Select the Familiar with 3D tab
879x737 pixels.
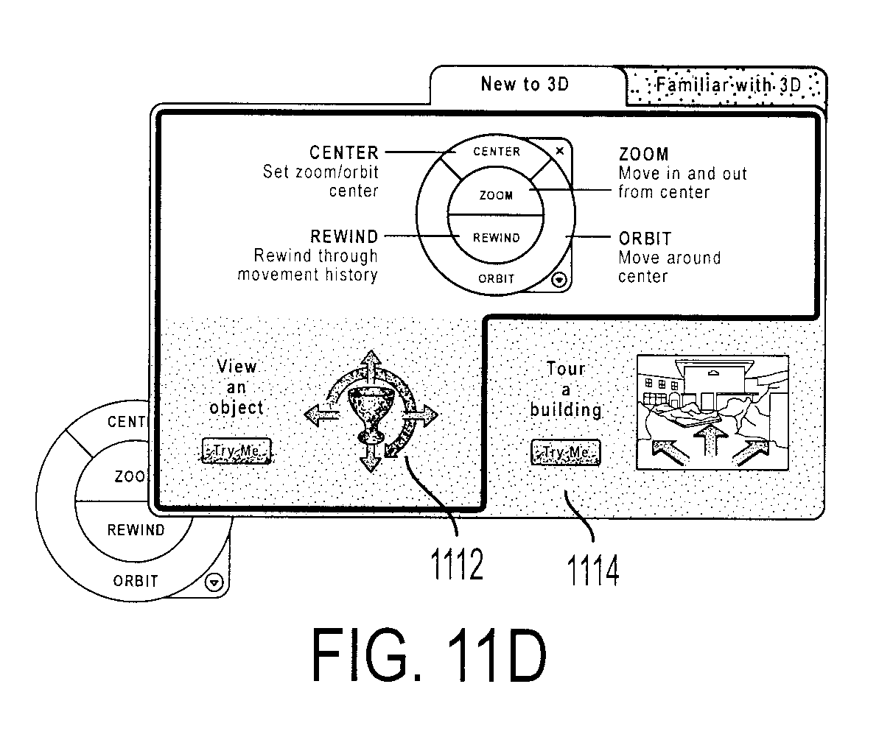pos(726,86)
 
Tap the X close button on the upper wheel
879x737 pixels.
pos(559,151)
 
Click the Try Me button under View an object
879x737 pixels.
pos(236,451)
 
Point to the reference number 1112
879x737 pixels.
pos(456,565)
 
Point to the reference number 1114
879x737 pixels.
pos(593,570)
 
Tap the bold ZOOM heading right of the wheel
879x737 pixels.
pos(643,154)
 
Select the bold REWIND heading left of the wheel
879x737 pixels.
pos(344,236)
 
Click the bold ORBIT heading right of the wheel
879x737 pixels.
pos(645,239)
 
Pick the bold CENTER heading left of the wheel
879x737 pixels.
pos(343,152)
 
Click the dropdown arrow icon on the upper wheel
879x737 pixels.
pos(559,280)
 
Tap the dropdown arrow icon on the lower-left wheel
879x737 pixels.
pos(214,582)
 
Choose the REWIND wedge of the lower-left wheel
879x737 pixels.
pos(135,530)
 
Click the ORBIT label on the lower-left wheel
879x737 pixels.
pos(136,582)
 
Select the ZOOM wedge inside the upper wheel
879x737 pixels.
pos(496,195)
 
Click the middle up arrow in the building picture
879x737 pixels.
pos(710,441)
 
